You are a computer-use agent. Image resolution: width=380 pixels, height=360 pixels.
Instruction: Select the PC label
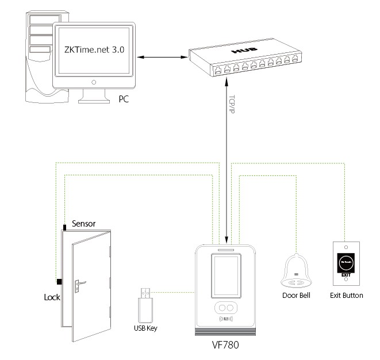[124, 99]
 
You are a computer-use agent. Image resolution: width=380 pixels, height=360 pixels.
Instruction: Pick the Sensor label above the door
[83, 224]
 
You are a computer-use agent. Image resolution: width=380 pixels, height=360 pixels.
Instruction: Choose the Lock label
[52, 298]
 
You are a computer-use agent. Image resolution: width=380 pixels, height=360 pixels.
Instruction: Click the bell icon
[297, 271]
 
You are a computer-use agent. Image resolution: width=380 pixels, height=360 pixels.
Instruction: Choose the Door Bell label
[296, 296]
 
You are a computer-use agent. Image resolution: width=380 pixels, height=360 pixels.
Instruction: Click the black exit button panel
[347, 261]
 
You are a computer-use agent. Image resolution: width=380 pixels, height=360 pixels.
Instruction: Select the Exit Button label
[347, 296]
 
